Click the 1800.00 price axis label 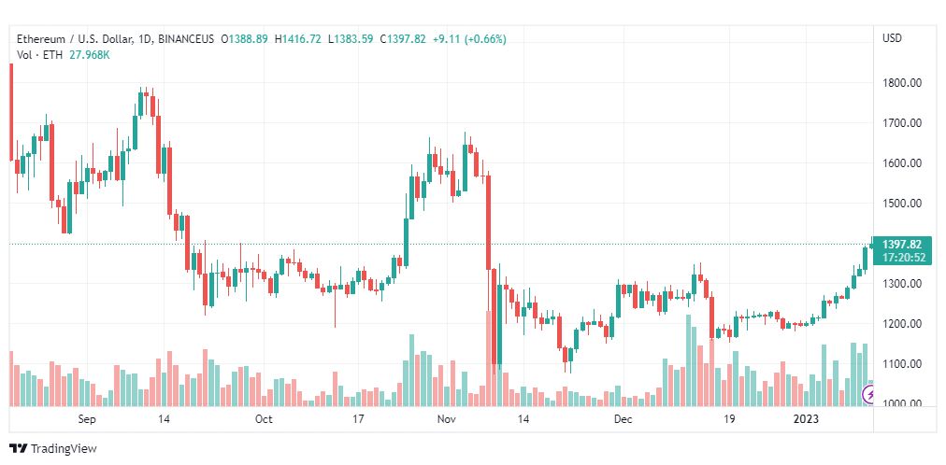[x=902, y=83]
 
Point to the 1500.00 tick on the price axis [x=902, y=204]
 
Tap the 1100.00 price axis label [x=902, y=364]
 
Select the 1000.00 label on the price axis [x=902, y=404]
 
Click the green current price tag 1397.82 [x=902, y=245]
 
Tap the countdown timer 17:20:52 [x=902, y=258]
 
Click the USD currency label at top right [x=892, y=38]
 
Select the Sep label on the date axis [x=88, y=420]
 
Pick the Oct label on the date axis [x=264, y=420]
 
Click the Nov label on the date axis [x=446, y=420]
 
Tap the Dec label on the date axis [x=623, y=420]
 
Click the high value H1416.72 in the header [x=297, y=39]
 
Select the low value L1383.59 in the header [x=350, y=39]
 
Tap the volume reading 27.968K [x=90, y=54]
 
